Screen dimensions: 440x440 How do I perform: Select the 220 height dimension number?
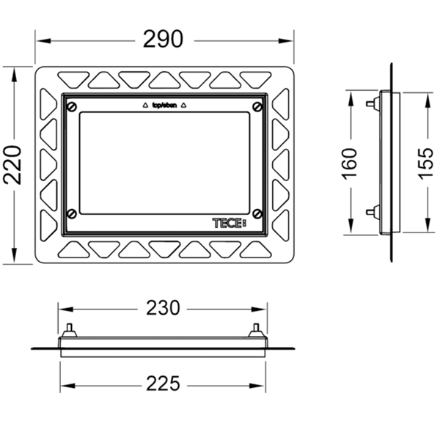pyautogui.click(x=14, y=166)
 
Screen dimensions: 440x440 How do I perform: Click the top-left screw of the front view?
pyautogui.click(x=71, y=108)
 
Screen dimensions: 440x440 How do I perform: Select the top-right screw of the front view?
pyautogui.click(x=257, y=108)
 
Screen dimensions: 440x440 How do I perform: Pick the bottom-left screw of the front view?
pyautogui.click(x=71, y=213)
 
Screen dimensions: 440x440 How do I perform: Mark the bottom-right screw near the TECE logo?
pyautogui.click(x=257, y=213)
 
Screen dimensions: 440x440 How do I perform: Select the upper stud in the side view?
pyautogui.click(x=368, y=103)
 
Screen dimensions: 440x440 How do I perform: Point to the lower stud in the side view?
pyautogui.click(x=368, y=213)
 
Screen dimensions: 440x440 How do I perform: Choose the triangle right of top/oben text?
pyautogui.click(x=184, y=106)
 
